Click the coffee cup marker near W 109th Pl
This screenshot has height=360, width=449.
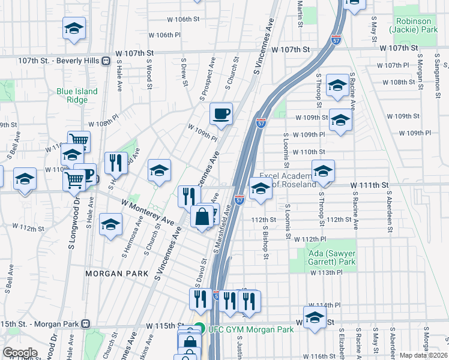(221, 114)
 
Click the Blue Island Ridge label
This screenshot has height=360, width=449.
(77, 95)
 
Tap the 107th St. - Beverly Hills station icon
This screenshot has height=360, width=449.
(106, 61)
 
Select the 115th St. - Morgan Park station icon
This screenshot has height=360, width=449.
(86, 324)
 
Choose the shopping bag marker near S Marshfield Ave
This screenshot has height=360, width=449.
(202, 217)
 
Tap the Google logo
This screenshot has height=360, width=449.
(19, 353)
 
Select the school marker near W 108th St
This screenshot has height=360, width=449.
(337, 88)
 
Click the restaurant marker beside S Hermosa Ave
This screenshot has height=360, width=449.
(116, 163)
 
